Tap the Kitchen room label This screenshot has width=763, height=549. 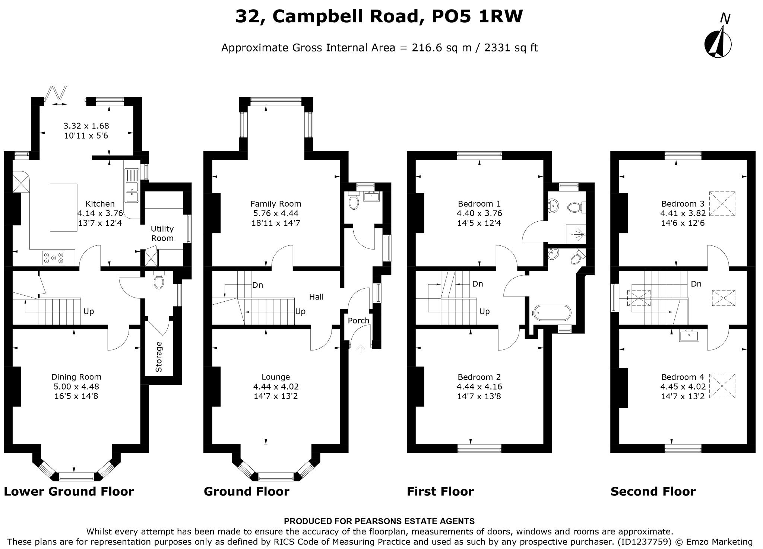pyautogui.click(x=100, y=204)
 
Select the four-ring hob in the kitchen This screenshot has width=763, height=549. pyautogui.click(x=54, y=258)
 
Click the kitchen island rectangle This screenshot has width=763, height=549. pyautogui.click(x=64, y=207)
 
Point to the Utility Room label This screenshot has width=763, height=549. pyautogui.click(x=162, y=234)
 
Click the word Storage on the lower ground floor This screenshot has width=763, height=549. pyautogui.click(x=159, y=356)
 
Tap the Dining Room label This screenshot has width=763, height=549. pyautogui.click(x=76, y=377)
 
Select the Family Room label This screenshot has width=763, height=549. pyautogui.click(x=276, y=204)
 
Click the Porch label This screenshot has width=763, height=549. pyautogui.click(x=358, y=320)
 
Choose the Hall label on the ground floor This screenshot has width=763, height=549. pyautogui.click(x=316, y=297)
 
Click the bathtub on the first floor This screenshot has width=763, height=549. pyautogui.click(x=552, y=313)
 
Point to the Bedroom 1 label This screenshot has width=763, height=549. pyautogui.click(x=479, y=204)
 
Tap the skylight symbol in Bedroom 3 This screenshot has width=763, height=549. pyautogui.click(x=722, y=204)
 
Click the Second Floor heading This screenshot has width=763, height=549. pyautogui.click(x=653, y=492)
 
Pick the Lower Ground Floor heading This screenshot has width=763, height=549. pyautogui.click(x=69, y=492)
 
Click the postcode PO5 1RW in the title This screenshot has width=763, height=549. pyautogui.click(x=477, y=17)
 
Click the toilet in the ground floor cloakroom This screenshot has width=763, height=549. pyautogui.click(x=353, y=202)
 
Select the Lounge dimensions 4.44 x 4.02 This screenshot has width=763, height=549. pyautogui.click(x=276, y=387)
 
